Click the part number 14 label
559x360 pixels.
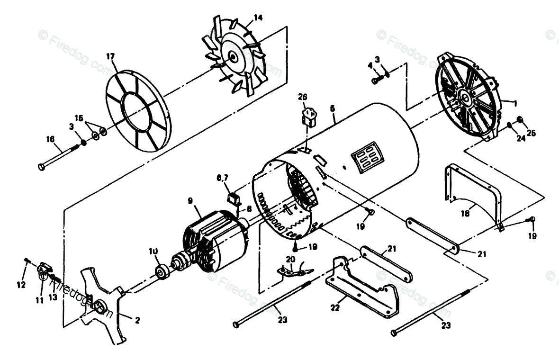click(258, 18)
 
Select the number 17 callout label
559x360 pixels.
click(110, 57)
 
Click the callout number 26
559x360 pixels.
click(303, 98)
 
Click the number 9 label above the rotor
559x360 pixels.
click(189, 201)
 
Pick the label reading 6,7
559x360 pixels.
click(223, 178)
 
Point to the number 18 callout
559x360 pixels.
click(465, 214)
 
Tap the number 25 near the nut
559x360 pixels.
click(531, 133)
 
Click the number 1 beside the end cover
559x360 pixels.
click(515, 101)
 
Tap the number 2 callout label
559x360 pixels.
click(137, 321)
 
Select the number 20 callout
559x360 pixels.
click(290, 259)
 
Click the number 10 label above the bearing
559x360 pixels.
click(153, 251)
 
